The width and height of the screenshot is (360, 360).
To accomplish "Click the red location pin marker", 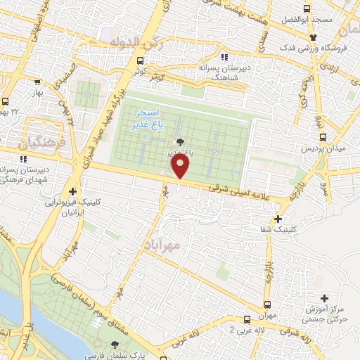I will click(x=181, y=167).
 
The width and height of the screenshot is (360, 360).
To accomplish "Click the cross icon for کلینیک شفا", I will click(x=279, y=219).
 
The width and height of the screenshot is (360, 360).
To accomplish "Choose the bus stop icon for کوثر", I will click(x=141, y=61).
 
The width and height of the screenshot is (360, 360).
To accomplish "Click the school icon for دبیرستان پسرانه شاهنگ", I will click(x=224, y=57).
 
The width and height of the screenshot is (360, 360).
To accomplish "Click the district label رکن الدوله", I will click(x=135, y=44).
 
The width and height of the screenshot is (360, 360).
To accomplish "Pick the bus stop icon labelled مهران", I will click(x=266, y=304).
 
